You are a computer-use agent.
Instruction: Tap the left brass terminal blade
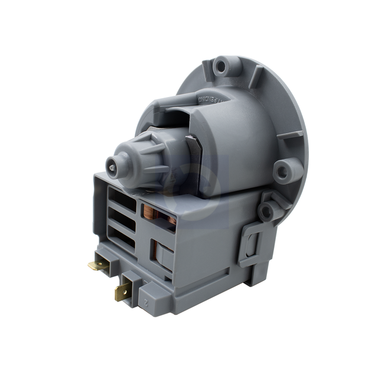coord(97,265)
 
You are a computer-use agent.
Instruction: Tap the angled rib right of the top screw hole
coord(254,77)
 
